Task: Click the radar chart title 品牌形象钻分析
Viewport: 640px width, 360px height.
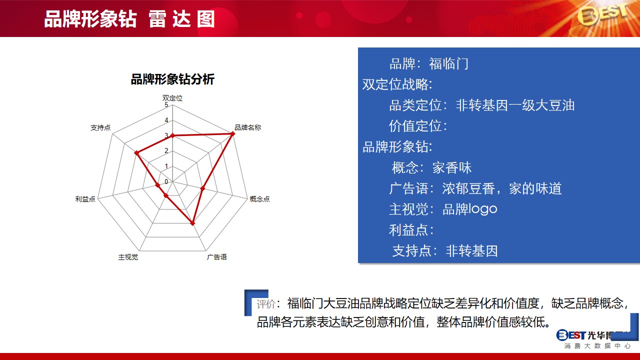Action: (x=172, y=79)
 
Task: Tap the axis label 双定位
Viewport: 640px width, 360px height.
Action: (x=172, y=98)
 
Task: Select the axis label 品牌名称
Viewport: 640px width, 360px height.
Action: (x=247, y=127)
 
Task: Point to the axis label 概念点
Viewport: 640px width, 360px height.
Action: (x=259, y=199)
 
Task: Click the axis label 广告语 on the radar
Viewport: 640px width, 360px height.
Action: (x=216, y=257)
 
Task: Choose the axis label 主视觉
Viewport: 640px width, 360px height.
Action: (x=128, y=257)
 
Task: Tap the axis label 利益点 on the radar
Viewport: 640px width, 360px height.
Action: (x=85, y=199)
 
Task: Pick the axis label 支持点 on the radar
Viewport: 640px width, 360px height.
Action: (x=100, y=127)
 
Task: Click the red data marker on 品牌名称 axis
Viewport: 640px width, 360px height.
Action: (x=232, y=133)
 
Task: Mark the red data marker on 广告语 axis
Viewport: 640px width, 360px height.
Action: (x=192, y=223)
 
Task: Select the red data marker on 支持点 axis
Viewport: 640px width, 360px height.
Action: (x=136, y=153)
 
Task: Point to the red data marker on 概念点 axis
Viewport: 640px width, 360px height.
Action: (x=202, y=188)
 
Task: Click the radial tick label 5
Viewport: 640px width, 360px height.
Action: (x=166, y=105)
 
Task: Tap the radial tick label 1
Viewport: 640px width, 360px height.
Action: (x=166, y=166)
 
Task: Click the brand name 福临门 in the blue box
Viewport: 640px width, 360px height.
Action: (x=448, y=63)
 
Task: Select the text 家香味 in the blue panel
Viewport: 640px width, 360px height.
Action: (x=451, y=167)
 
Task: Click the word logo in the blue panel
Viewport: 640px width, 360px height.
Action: (x=482, y=209)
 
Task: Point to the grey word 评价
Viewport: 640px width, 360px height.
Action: (x=265, y=304)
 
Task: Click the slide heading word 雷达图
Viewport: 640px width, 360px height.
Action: (x=181, y=19)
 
